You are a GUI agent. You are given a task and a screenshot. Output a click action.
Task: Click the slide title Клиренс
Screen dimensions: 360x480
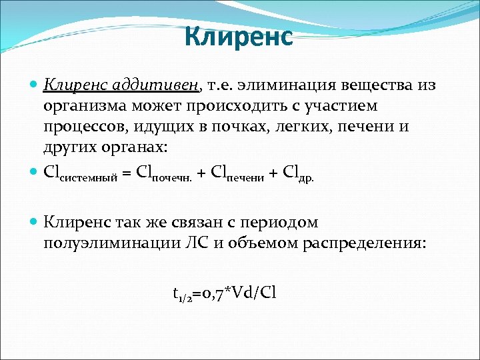[239, 37]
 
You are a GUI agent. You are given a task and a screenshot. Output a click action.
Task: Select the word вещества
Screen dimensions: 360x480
[379, 85]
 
